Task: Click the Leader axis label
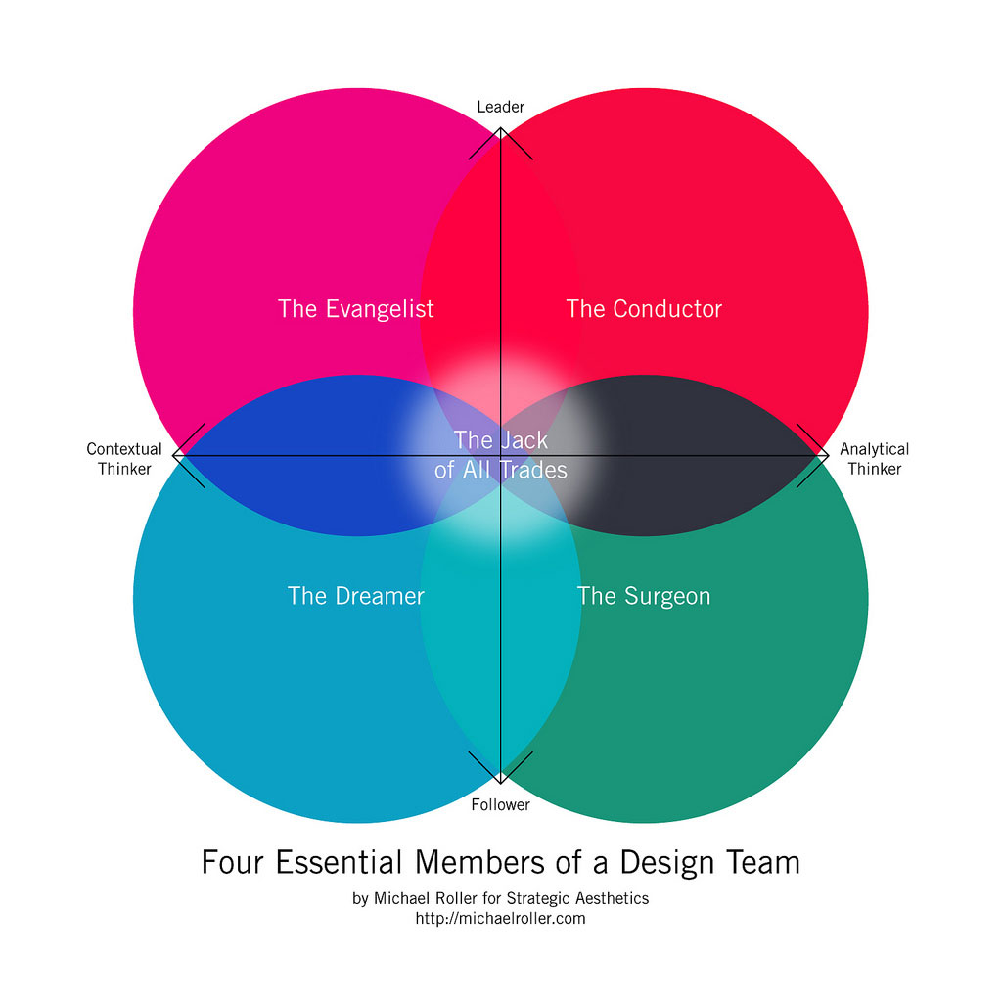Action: (x=500, y=106)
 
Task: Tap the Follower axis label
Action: (x=500, y=804)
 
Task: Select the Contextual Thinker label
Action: (x=124, y=459)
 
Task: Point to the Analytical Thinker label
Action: (x=874, y=459)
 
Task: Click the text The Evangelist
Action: (x=356, y=309)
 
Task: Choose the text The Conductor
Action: (x=644, y=309)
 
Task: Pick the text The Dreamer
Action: (x=356, y=596)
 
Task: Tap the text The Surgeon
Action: (x=644, y=596)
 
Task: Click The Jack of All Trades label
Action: (x=500, y=455)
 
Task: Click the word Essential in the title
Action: (x=340, y=862)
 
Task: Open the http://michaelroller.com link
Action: (x=500, y=918)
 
